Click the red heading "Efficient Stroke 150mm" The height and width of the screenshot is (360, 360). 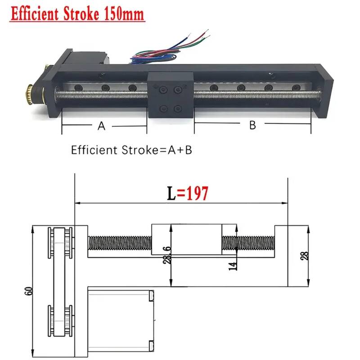[77, 14]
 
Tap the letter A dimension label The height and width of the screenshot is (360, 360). [101, 126]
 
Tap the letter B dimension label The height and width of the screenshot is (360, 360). [252, 125]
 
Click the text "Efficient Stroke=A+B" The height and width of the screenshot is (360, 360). [131, 150]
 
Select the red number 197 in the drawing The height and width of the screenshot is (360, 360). [197, 193]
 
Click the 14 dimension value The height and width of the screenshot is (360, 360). [233, 266]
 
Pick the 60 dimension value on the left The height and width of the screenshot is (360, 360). [29, 291]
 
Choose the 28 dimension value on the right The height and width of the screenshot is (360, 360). [305, 256]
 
